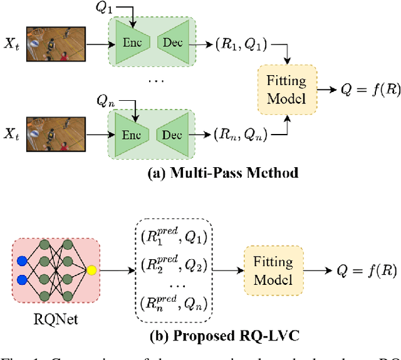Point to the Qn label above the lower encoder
(x=106, y=100)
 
